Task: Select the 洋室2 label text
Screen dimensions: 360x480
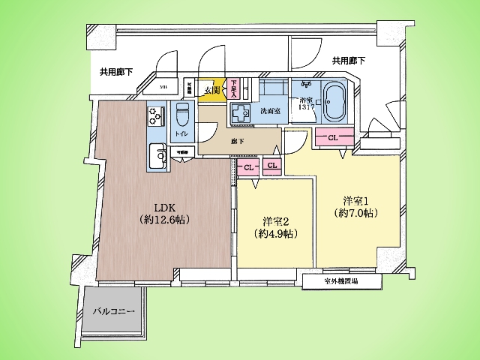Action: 274,226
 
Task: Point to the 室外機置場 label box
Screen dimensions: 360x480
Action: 340,281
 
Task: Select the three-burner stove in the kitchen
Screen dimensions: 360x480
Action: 157,116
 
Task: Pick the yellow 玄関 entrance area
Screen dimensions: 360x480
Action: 213,89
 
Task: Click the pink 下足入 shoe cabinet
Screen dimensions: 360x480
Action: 234,89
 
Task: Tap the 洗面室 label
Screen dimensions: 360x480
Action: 270,111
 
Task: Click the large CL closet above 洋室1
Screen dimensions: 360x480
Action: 332,137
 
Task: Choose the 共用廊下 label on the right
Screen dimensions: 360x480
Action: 349,60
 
